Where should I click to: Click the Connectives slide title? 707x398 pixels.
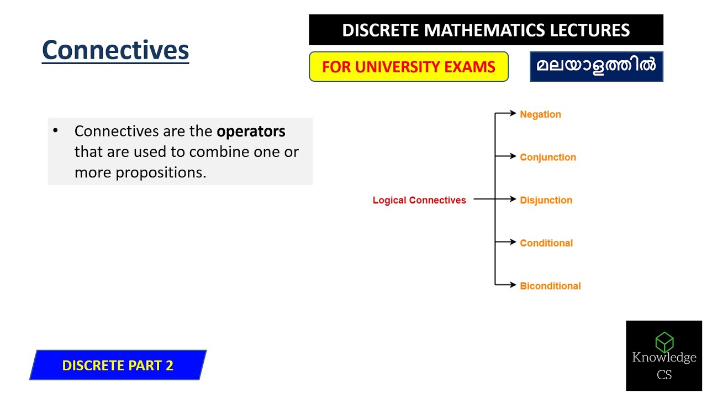click(115, 50)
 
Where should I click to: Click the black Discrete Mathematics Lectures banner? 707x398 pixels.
click(486, 30)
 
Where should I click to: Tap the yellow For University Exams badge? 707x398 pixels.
click(408, 67)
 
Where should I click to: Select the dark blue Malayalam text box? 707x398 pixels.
click(596, 66)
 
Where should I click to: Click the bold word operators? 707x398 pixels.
click(251, 132)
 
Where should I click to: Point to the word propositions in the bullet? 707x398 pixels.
click(160, 172)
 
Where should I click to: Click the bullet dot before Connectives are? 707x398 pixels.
click(55, 131)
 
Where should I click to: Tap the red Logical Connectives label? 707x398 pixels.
click(419, 200)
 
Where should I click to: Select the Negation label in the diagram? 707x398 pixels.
click(540, 114)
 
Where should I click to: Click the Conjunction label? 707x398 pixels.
click(547, 157)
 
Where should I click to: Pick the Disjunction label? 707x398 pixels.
click(546, 200)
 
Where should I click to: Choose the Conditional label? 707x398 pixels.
click(546, 243)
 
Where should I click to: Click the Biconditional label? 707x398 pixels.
click(550, 286)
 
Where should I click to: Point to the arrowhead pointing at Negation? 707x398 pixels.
click(513, 114)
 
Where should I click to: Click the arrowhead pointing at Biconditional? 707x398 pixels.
click(513, 285)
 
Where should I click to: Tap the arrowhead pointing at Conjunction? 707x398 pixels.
click(513, 156)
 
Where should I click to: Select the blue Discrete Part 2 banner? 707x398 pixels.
click(118, 365)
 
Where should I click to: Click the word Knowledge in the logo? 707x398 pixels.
click(664, 358)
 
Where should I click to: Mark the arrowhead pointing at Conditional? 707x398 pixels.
click(513, 242)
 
